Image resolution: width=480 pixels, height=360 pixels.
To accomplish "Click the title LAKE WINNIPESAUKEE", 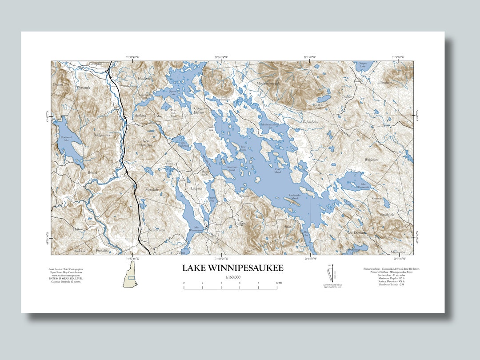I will click(232, 268).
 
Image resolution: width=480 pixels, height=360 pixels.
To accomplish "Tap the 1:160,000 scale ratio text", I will click(232, 277).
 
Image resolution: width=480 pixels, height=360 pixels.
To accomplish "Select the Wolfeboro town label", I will click(372, 159).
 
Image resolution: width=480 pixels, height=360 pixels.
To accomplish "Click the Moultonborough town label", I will click(268, 83).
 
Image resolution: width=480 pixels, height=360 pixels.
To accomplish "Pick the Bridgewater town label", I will click(101, 134).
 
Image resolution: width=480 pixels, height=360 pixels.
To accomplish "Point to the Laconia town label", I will click(196, 188).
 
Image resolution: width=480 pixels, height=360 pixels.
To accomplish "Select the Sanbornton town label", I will click(156, 230).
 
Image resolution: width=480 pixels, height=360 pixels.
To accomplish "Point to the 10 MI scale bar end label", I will click(278, 283).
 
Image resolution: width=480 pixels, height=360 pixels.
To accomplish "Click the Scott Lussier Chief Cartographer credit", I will click(66, 269).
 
